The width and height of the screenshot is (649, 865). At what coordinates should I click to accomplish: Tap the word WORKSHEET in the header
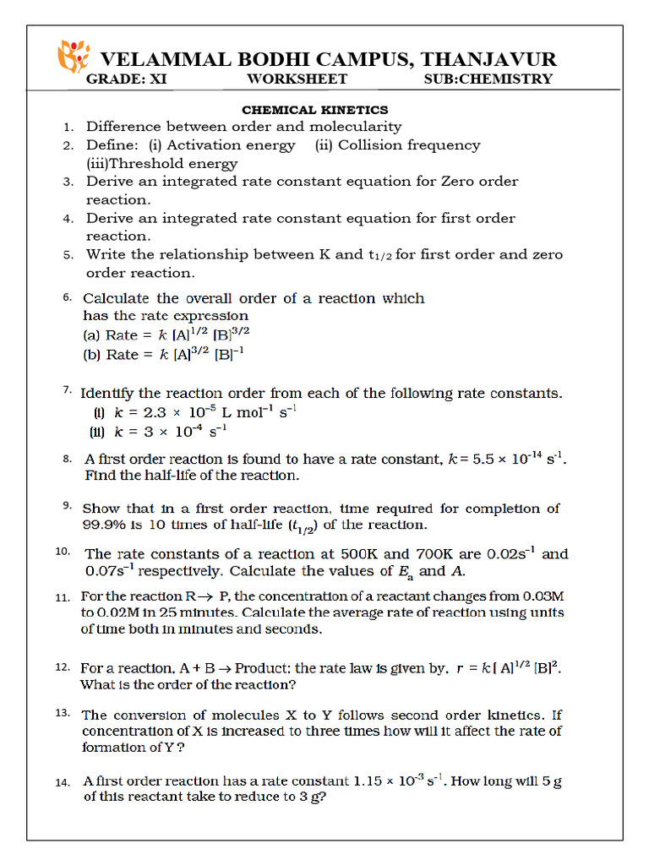click(x=297, y=79)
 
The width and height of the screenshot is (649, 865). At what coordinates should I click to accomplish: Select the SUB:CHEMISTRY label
click(x=488, y=79)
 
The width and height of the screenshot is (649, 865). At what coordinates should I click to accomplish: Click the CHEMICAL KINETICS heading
click(x=315, y=110)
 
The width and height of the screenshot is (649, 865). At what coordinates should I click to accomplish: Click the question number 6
click(x=67, y=298)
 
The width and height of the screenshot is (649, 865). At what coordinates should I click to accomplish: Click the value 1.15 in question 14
click(x=368, y=782)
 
